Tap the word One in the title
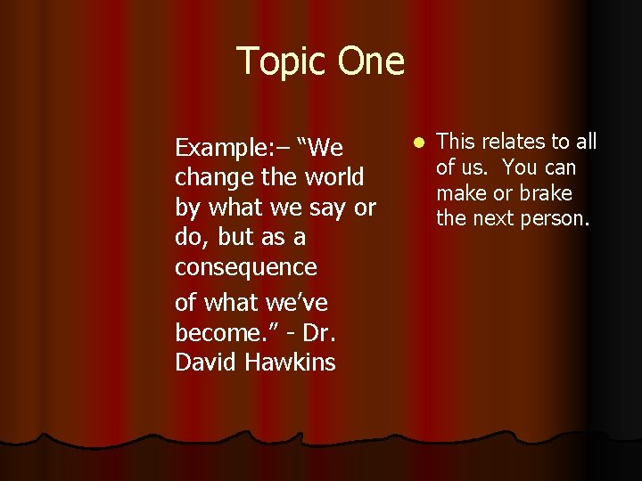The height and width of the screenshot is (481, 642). pos(370,61)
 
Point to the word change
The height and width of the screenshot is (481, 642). pos(214,177)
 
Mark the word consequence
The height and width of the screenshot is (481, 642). pos(245,268)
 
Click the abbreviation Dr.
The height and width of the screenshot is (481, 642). pos(319,333)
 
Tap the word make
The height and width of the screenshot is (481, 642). pos(461,193)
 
